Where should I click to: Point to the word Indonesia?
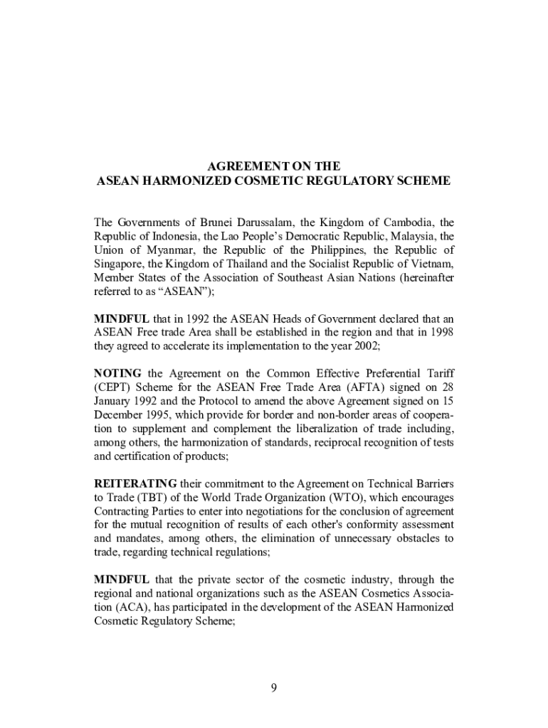pos(170,237)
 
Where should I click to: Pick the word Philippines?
pos(339,250)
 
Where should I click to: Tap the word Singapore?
pos(118,264)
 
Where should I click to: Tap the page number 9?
pos(274,687)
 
